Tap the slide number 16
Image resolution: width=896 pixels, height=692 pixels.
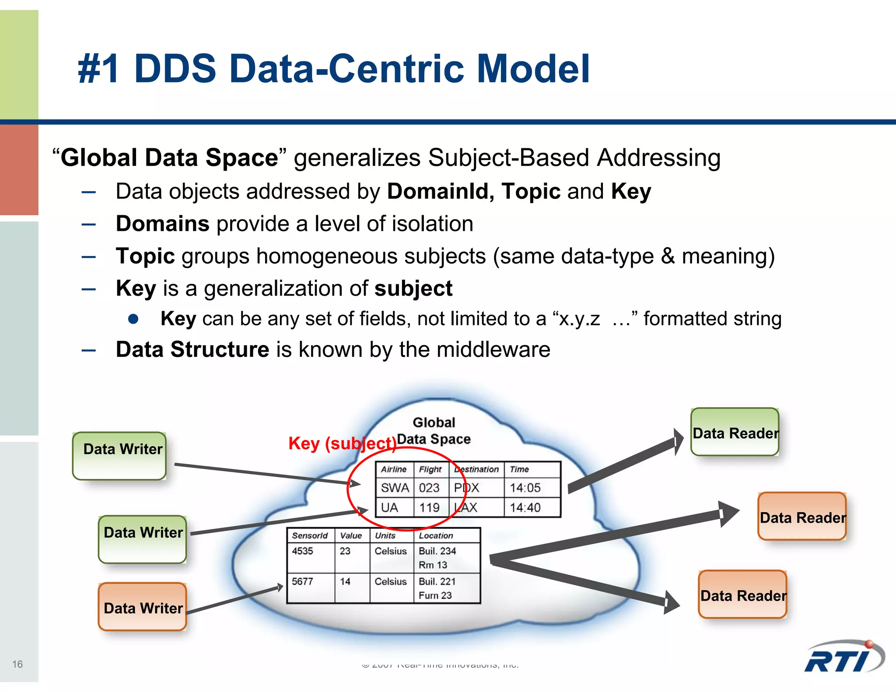pos(17,664)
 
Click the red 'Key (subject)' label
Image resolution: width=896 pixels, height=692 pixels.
pos(342,444)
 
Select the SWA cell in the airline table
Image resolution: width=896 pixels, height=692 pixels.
pos(395,488)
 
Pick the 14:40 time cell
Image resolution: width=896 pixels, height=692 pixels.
pos(525,508)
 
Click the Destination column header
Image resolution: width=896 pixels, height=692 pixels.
pos(476,469)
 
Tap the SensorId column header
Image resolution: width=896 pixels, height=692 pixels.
pos(310,536)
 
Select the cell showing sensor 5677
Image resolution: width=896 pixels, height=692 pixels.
pos(303,582)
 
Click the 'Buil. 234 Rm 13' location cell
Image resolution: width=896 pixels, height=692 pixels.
pos(437,558)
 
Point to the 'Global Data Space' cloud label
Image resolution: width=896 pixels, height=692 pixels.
pos(434,431)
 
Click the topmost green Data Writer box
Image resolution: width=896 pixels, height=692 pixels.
pos(119,456)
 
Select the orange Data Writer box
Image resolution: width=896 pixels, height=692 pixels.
pos(143,607)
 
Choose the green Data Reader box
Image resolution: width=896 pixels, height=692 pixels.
pos(735,432)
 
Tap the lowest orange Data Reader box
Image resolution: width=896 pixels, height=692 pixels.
pos(743,594)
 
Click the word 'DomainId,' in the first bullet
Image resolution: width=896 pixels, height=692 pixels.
pos(440,192)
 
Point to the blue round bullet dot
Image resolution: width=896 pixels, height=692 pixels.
pos(133,319)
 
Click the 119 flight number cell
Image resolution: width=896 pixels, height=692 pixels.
pos(429,508)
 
